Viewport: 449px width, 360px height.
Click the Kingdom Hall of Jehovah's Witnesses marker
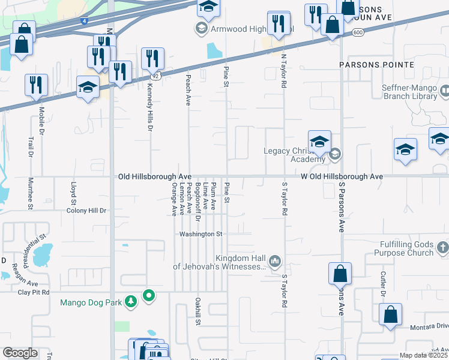[x=275, y=260]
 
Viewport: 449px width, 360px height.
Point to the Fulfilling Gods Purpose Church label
[x=398, y=248]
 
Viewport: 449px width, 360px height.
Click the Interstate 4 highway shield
[x=82, y=22]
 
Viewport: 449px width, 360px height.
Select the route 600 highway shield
[x=358, y=32]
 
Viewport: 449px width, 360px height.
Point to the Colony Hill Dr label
[x=86, y=211]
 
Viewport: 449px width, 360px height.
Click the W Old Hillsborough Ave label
[x=342, y=177]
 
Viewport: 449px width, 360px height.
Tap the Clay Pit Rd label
[x=32, y=292]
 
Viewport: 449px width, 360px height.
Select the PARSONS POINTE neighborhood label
[x=376, y=64]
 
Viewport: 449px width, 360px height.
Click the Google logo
[x=20, y=353]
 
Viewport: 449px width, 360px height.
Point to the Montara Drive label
[x=429, y=326]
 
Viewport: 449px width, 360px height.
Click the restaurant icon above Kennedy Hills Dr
[x=152, y=59]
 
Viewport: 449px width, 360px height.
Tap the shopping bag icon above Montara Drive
[x=390, y=314]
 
